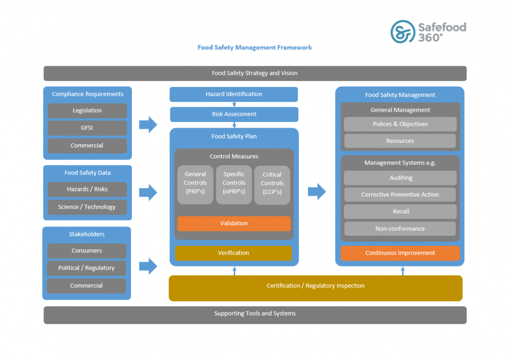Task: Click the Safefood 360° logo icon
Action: click(x=402, y=32)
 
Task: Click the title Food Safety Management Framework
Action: click(x=254, y=47)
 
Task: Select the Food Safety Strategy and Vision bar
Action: click(x=254, y=73)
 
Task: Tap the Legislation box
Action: click(x=87, y=111)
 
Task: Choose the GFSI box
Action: click(x=87, y=128)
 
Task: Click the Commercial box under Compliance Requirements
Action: click(x=87, y=145)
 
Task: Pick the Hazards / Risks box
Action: click(x=87, y=189)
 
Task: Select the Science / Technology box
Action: click(x=87, y=207)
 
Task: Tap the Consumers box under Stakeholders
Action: click(x=86, y=251)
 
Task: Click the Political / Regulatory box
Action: click(x=86, y=268)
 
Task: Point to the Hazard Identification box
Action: click(x=234, y=94)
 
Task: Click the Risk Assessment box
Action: click(x=234, y=114)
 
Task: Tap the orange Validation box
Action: click(x=234, y=224)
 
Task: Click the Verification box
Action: click(x=234, y=253)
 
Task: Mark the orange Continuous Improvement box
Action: click(x=400, y=253)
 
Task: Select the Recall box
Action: click(x=400, y=212)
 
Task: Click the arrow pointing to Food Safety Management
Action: click(x=317, y=191)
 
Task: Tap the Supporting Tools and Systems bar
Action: click(x=254, y=314)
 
